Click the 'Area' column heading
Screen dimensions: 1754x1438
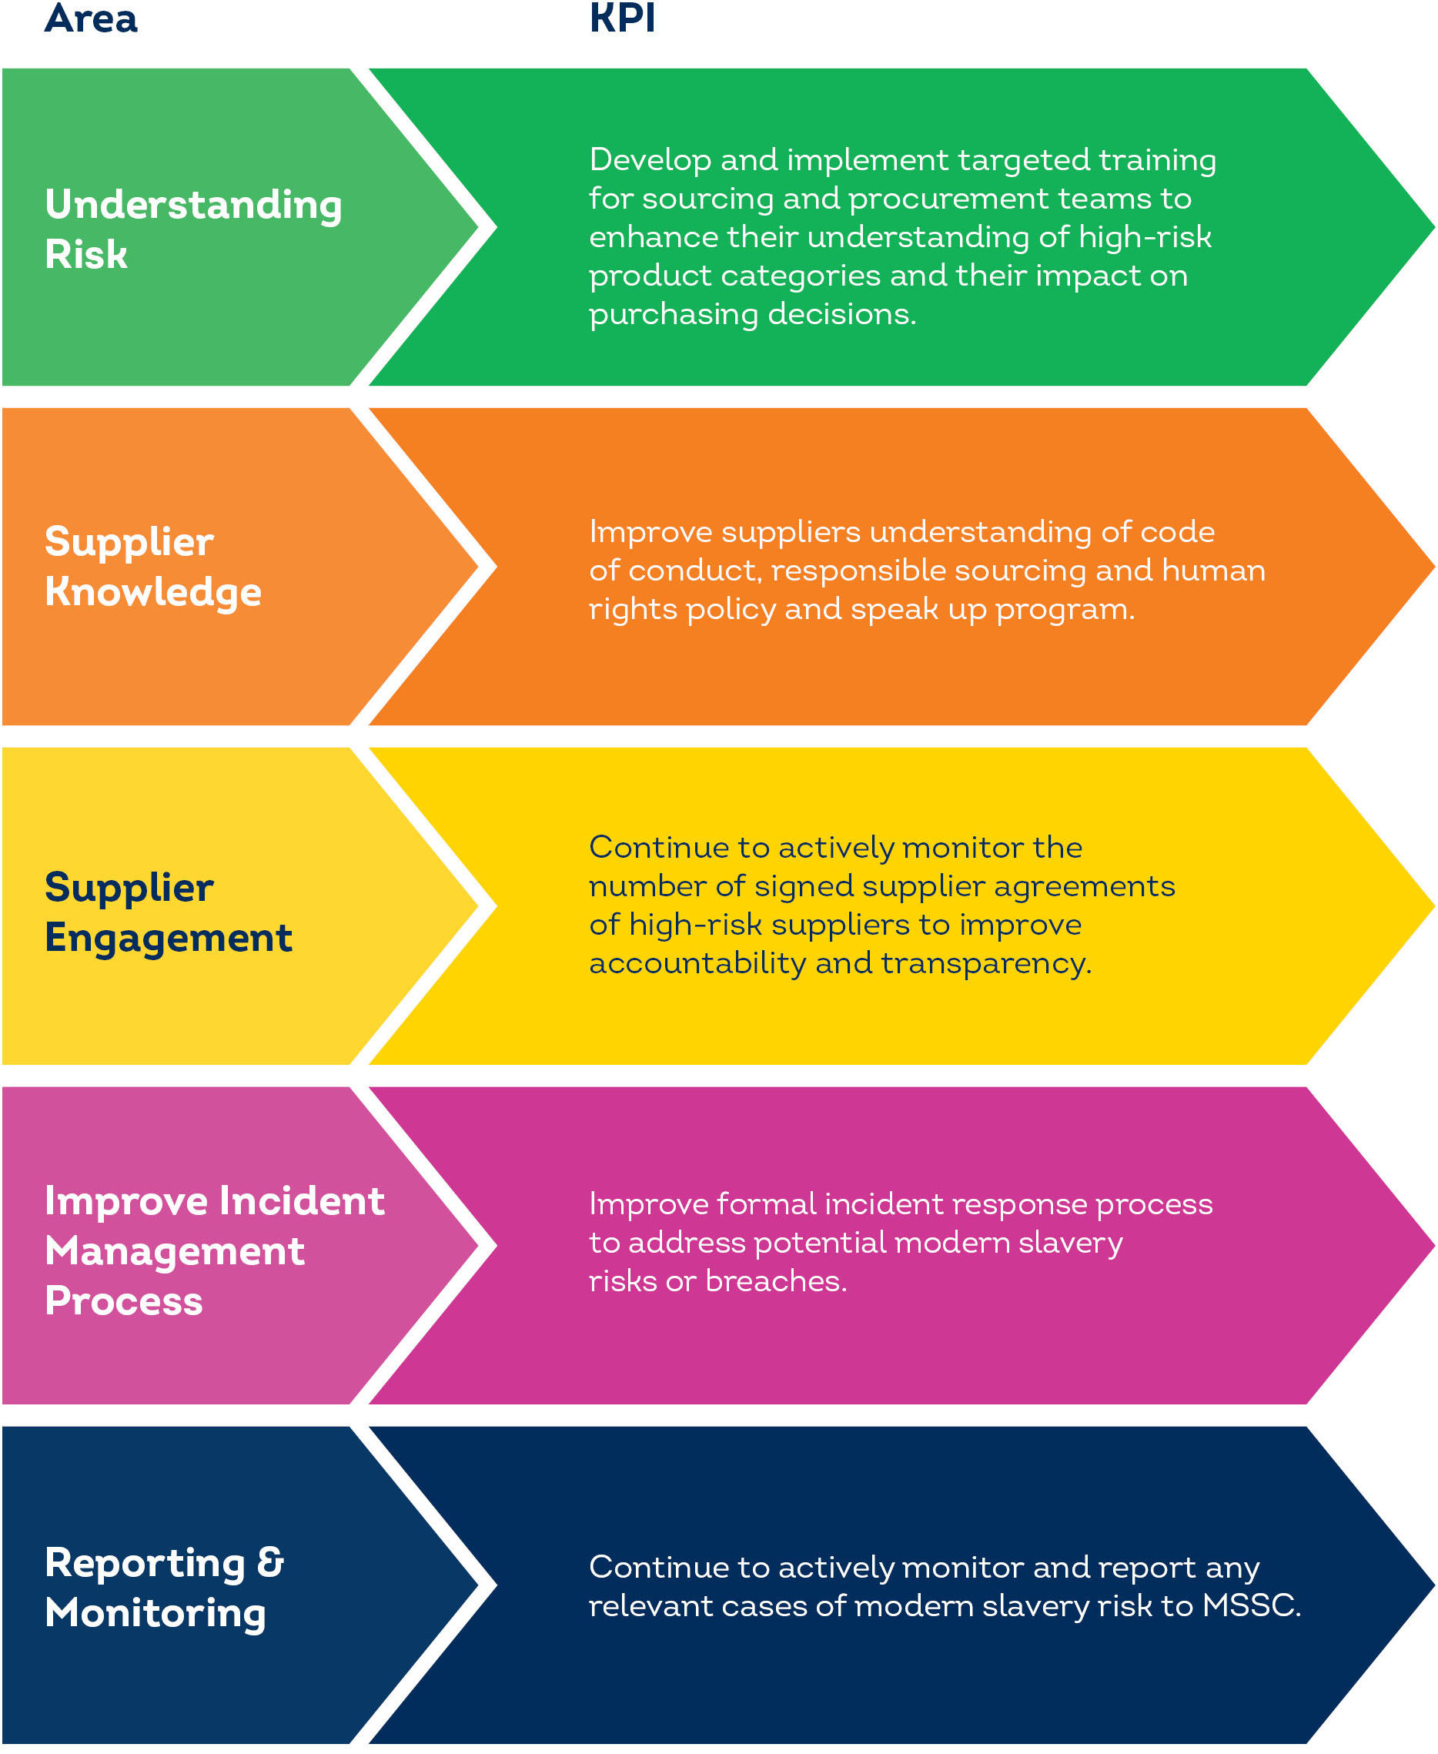point(91,18)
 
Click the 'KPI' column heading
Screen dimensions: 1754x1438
point(622,18)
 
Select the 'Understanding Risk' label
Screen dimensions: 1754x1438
point(192,229)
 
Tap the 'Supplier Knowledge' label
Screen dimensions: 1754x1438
point(153,567)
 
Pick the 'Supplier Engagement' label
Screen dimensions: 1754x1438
point(168,912)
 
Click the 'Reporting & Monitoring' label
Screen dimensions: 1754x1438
point(163,1588)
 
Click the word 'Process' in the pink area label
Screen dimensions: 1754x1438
point(123,1301)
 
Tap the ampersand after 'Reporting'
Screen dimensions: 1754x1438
point(270,1562)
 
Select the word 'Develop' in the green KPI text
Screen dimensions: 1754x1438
point(650,160)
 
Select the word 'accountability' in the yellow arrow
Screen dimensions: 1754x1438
point(697,963)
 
